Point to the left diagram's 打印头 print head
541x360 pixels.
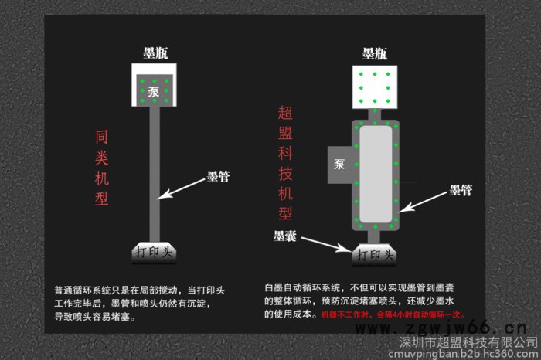(155, 252)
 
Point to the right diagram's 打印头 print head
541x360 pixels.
(375, 253)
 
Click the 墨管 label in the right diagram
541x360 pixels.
(461, 188)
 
